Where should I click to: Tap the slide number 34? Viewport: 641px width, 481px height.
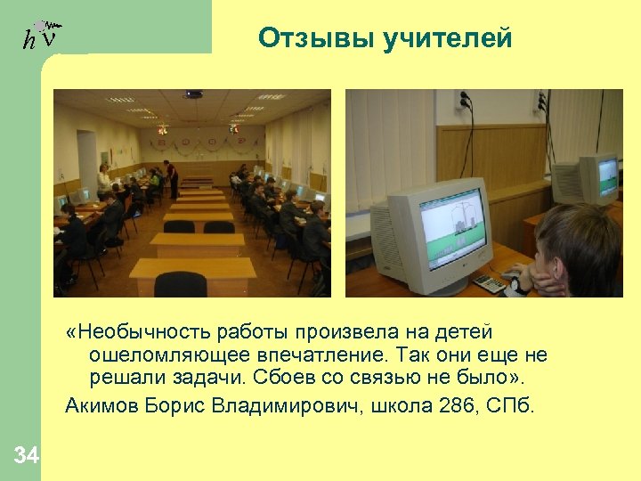tap(26, 456)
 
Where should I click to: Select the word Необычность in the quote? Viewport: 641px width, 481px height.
tap(141, 332)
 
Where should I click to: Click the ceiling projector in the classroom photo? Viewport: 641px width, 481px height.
tap(193, 94)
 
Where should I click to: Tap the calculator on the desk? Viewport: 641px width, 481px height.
tap(488, 282)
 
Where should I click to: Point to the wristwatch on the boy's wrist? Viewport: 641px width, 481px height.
tap(515, 286)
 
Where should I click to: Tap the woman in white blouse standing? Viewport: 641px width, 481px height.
tap(105, 179)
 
